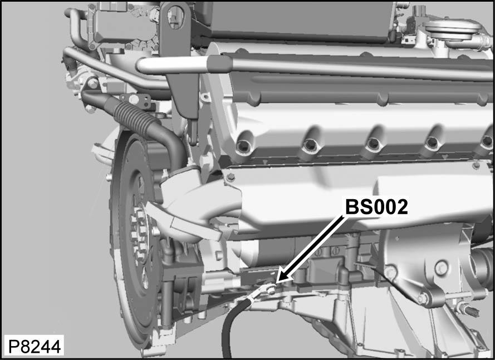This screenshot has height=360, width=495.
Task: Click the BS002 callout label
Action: click(x=376, y=207)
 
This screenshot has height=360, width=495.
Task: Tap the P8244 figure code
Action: click(x=33, y=346)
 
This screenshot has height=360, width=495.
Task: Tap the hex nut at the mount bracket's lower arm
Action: click(x=423, y=299)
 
